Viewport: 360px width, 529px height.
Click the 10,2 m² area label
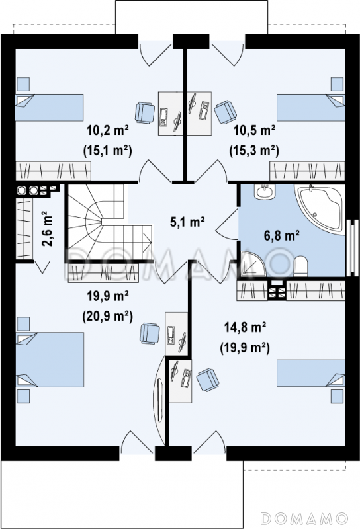pyautogui.click(x=108, y=130)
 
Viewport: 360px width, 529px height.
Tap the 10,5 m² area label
pyautogui.click(x=255, y=130)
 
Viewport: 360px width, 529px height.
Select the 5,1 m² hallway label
pyautogui.click(x=187, y=222)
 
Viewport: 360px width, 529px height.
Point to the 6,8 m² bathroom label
pyautogui.click(x=282, y=235)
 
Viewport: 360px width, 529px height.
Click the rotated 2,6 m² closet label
pyautogui.click(x=47, y=228)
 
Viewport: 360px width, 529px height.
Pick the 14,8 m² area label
pyautogui.click(x=245, y=327)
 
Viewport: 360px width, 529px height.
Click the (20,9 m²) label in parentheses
pyautogui.click(x=107, y=316)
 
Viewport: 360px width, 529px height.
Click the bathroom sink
pyautogui.click(x=265, y=192)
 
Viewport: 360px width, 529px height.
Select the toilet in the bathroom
pyautogui.click(x=300, y=266)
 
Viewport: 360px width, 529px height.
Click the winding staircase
pyautogui.click(x=108, y=223)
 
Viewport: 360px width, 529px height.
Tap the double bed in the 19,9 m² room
pyautogui.click(x=50, y=359)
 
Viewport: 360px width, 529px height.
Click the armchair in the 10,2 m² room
pyautogui.click(x=144, y=112)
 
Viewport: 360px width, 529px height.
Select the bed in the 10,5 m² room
pyautogui.click(x=310, y=107)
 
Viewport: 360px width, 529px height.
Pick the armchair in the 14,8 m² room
pyautogui.click(x=208, y=380)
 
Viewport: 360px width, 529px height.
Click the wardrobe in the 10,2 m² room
pyautogui.click(x=54, y=171)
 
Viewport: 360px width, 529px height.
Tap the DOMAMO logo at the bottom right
pyautogui.click(x=304, y=518)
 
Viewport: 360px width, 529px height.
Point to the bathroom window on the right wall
pyautogui.click(x=352, y=247)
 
